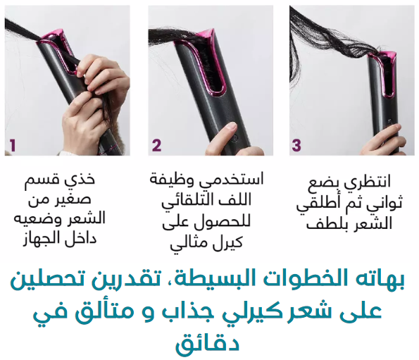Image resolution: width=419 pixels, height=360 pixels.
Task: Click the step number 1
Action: pyautogui.click(x=13, y=145)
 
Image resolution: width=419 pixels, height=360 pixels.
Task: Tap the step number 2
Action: pyautogui.click(x=156, y=145)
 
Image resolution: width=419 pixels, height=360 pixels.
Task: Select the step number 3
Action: pyautogui.click(x=296, y=145)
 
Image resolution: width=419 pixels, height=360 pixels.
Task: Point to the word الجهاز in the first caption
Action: pyautogui.click(x=39, y=238)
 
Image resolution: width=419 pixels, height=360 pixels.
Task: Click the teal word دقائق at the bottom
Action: pyautogui.click(x=207, y=342)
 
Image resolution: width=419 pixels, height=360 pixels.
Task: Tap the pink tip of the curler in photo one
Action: pyautogui.click(x=56, y=35)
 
